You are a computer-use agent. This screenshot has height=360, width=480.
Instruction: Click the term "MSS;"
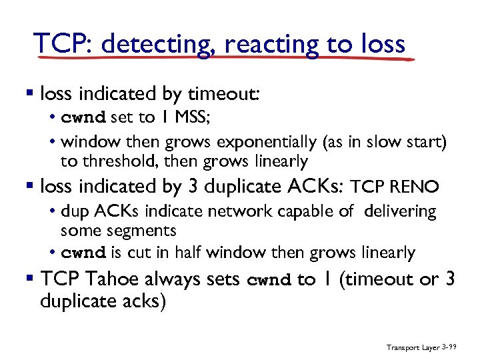[191, 118]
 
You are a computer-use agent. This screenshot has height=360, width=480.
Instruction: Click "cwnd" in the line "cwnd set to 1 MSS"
[83, 119]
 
